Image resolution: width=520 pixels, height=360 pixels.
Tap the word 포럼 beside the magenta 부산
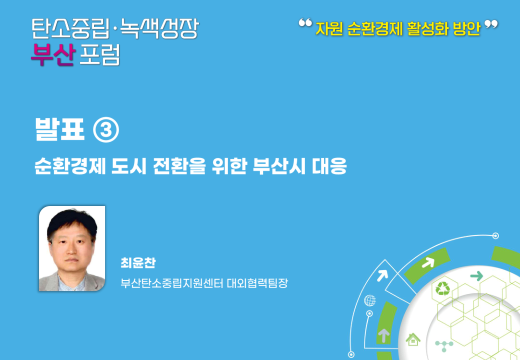coord(99,54)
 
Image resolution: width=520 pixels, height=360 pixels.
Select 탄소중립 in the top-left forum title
coord(70,28)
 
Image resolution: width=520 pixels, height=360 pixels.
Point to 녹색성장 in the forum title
coord(159,28)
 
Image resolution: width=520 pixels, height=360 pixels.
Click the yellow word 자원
coord(329,28)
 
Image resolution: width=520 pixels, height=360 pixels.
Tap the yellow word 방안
coord(466,28)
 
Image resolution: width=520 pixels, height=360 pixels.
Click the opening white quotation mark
coord(305,23)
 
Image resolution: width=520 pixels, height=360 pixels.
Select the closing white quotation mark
coord(491,24)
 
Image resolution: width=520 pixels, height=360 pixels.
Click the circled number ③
coord(106,130)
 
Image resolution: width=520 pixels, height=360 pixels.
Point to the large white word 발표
coord(59,129)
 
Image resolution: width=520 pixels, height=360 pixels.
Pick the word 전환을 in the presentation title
coord(179,166)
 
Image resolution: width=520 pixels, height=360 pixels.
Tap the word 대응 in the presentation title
coord(329,166)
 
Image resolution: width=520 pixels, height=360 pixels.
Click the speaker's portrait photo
coord(72,248)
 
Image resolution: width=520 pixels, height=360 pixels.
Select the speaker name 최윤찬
coord(138,263)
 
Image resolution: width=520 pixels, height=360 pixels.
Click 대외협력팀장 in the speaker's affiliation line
coord(257,283)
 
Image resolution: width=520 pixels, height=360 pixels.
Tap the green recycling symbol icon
coord(442,288)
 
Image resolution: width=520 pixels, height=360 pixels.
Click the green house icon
coord(413,339)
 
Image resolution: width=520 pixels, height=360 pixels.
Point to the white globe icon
coord(370,300)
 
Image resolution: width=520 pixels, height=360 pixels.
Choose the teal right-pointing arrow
coord(476,276)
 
